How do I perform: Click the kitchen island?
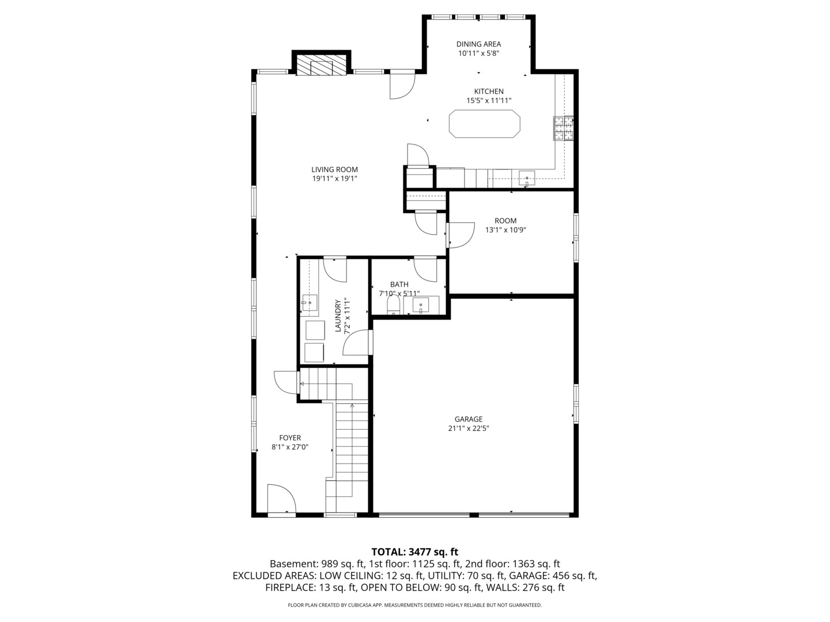point(484,124)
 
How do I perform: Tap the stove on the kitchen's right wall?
point(564,128)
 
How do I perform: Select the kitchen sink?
point(527,178)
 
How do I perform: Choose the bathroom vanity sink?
point(421,305)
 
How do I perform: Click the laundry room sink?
point(310,302)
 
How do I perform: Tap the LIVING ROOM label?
point(334,169)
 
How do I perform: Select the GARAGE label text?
point(468,419)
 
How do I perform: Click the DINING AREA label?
point(478,44)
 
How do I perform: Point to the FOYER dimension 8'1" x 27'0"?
point(290,446)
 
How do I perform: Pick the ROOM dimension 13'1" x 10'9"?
point(505,230)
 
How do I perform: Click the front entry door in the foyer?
point(281,499)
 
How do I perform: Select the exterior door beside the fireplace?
point(402,85)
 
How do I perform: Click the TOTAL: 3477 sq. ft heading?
point(414,552)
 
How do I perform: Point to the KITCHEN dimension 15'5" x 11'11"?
point(489,101)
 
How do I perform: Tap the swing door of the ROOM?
point(459,236)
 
